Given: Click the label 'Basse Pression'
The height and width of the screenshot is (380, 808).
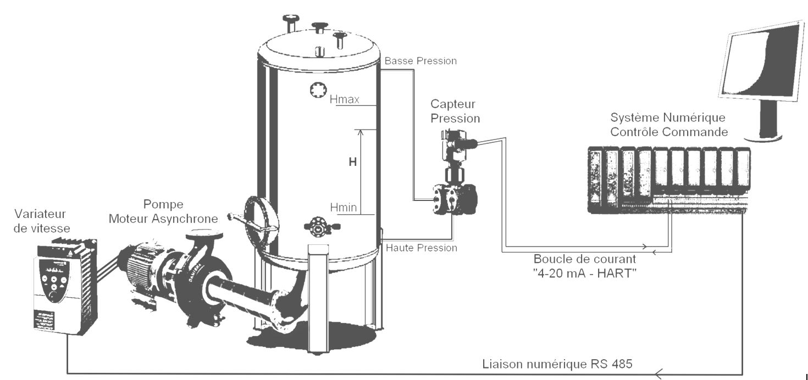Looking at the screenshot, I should tap(420, 60).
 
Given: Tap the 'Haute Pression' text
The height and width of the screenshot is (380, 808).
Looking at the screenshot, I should tap(421, 248).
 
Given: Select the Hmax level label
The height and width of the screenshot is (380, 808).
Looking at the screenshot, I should tap(345, 100).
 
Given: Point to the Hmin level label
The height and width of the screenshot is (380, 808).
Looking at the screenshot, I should tap(344, 207).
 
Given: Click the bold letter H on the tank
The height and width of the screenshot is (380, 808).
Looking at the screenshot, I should tap(353, 162).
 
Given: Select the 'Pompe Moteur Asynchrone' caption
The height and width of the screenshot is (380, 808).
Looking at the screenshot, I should tap(163, 211).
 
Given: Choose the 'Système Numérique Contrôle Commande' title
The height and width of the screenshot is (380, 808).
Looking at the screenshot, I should tap(669, 125).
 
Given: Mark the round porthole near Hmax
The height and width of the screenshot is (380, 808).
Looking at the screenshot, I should tap(318, 91).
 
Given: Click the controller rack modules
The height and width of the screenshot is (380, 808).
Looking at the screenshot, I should tap(668, 176).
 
